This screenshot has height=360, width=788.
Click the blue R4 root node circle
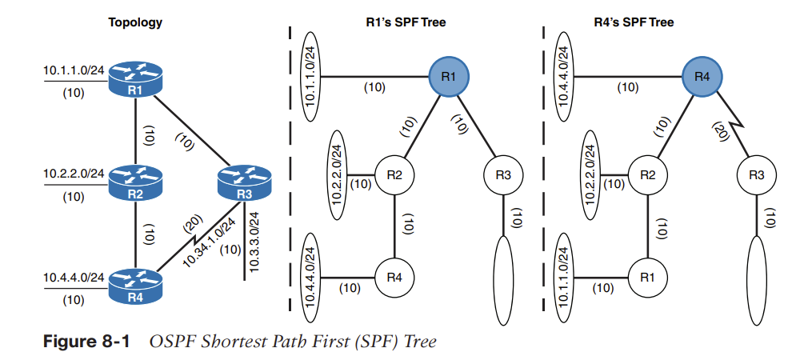pyautogui.click(x=702, y=76)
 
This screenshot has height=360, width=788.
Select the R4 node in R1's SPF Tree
pyautogui.click(x=395, y=278)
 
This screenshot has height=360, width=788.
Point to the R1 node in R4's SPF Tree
pyautogui.click(x=648, y=278)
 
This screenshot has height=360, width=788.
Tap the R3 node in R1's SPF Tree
pyautogui.click(x=503, y=174)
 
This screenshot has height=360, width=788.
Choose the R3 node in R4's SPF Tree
pyautogui.click(x=756, y=174)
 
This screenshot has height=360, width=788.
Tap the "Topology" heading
pyautogui.click(x=135, y=22)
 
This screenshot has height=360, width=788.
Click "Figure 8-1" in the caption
pyautogui.click(x=85, y=342)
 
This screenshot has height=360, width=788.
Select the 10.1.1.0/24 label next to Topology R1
pyautogui.click(x=74, y=70)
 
